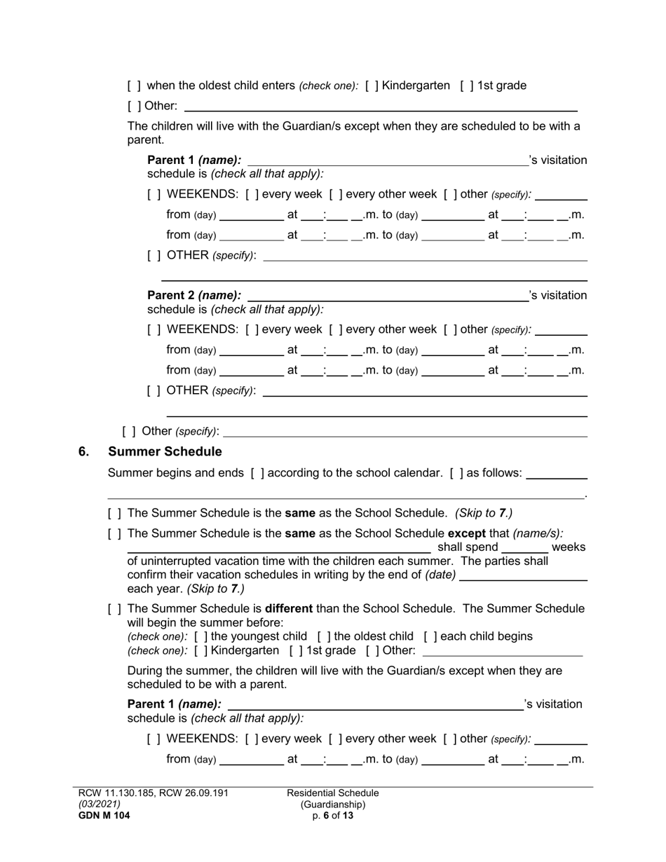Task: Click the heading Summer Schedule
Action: point(165,451)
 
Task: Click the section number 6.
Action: point(83,451)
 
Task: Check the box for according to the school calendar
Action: point(257,473)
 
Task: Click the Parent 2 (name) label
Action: point(194,295)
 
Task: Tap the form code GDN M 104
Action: point(104,816)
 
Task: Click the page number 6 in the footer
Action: point(327,816)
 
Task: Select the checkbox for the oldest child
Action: point(324,636)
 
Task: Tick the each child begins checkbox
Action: point(430,636)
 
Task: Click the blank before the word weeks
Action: point(525,548)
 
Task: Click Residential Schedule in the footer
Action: point(333,793)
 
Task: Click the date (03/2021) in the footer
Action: point(100,805)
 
